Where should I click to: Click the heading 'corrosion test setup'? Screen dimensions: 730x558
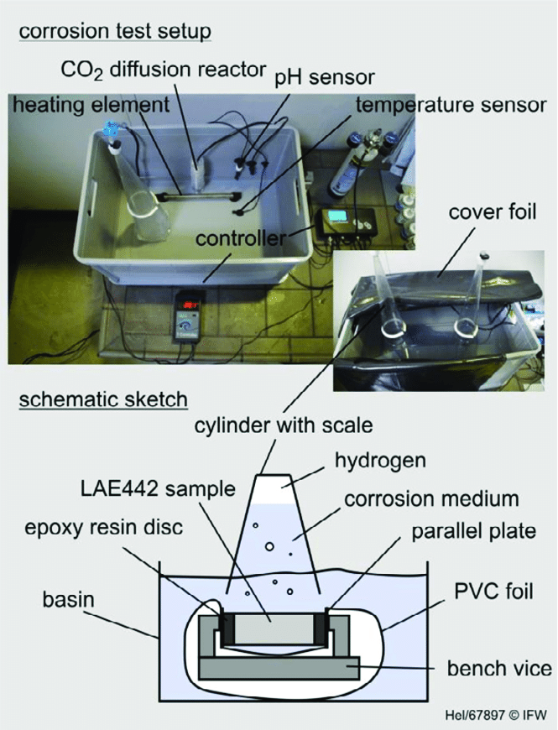[114, 32]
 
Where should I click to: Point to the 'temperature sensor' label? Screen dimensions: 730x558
[451, 107]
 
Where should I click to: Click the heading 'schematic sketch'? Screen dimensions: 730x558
[103, 399]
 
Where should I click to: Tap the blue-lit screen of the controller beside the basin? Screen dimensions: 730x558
[339, 217]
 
